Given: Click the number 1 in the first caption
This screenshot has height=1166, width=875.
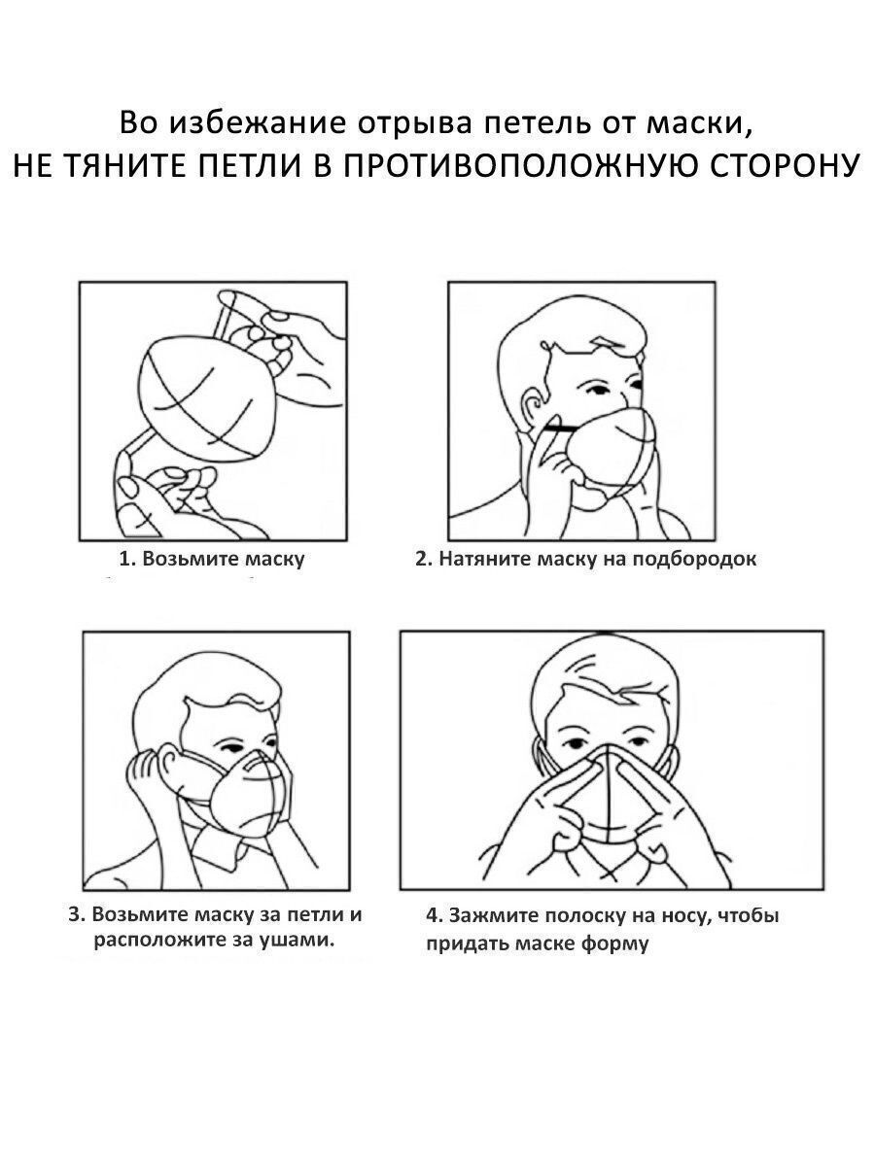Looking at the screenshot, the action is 123,559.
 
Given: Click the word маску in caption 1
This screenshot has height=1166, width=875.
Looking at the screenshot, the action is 275,559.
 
